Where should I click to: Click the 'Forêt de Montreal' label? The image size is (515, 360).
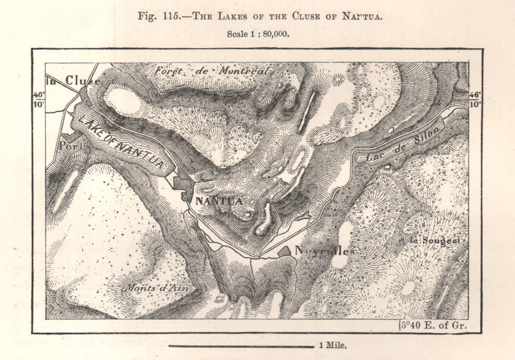point(211,71)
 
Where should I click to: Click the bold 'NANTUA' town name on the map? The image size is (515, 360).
point(219,201)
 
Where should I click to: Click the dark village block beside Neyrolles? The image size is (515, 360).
point(284,252)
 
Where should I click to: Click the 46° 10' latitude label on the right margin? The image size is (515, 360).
point(475,99)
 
